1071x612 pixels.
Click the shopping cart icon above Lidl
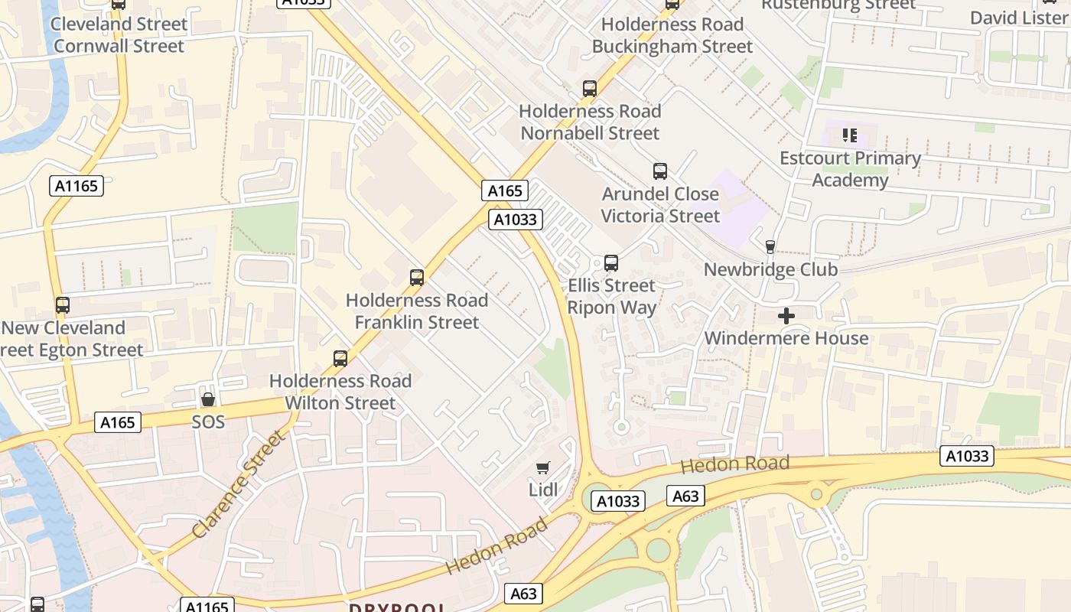[543, 467]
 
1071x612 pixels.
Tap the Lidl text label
[543, 490]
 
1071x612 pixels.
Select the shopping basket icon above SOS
[207, 399]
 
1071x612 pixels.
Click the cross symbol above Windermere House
[786, 316]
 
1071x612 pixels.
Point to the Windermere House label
[786, 338]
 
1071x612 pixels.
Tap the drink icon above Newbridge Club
[770, 247]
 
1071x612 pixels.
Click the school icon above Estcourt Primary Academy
[849, 135]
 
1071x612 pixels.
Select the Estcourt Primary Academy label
[850, 169]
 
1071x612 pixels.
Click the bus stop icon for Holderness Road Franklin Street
[417, 278]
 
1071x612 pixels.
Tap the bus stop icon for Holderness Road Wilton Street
[340, 358]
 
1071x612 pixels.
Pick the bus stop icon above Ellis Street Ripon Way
[611, 263]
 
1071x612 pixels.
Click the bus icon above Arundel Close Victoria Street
[660, 171]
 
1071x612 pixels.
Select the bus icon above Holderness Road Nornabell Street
[590, 89]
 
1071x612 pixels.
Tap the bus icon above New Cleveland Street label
[63, 305]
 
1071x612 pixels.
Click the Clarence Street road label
[239, 483]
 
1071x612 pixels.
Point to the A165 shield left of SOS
[118, 422]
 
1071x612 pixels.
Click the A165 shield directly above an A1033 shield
[505, 190]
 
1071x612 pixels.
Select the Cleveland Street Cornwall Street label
[119, 35]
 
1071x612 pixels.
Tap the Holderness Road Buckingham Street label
[672, 35]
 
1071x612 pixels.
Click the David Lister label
[1019, 17]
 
